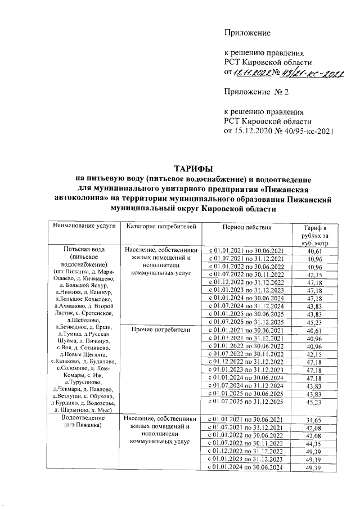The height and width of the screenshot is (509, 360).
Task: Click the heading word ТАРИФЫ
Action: pyautogui.click(x=193, y=169)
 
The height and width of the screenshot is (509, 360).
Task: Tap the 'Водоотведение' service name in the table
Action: pyautogui.click(x=84, y=418)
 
